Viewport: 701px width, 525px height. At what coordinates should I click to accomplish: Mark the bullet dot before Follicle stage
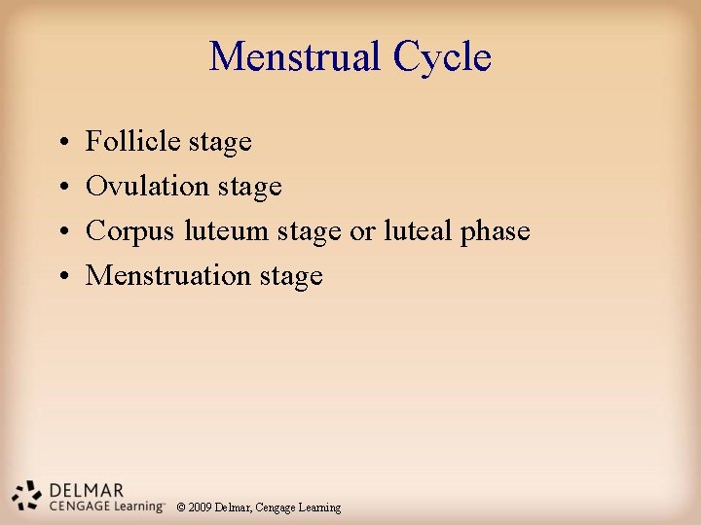click(x=60, y=143)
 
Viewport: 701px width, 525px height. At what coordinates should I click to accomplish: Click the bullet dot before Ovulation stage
click(x=60, y=187)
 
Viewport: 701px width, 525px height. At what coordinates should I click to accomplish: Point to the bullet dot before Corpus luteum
click(x=60, y=232)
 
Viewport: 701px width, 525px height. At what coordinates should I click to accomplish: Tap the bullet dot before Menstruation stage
click(x=60, y=277)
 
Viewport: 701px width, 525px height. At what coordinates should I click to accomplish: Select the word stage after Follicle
click(x=220, y=142)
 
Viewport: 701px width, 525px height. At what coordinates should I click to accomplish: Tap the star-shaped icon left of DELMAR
click(x=27, y=495)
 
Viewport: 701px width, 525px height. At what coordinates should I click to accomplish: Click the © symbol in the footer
click(x=181, y=507)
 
